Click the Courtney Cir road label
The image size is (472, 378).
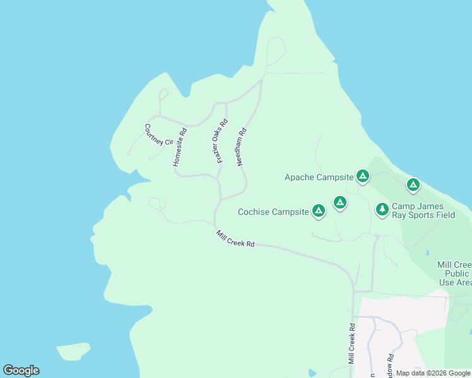[x=158, y=135]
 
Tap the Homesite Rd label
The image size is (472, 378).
[x=179, y=147]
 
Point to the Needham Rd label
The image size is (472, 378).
[x=240, y=147]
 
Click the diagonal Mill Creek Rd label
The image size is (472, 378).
[x=235, y=239]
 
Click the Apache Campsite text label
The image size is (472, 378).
[x=318, y=177]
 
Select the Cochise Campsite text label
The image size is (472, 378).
[x=273, y=212]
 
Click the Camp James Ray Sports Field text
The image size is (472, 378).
[x=423, y=210]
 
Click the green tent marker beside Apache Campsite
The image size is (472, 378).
[x=362, y=176]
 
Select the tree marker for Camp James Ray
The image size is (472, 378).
[x=382, y=209]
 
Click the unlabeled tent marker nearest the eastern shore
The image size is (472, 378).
[x=413, y=185]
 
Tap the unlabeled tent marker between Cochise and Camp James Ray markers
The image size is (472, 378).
[x=340, y=202]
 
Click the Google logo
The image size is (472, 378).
[x=21, y=370]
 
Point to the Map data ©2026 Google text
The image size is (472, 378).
[x=433, y=373]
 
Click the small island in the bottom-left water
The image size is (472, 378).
[x=73, y=352]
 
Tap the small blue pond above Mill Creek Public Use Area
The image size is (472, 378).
[x=427, y=253]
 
